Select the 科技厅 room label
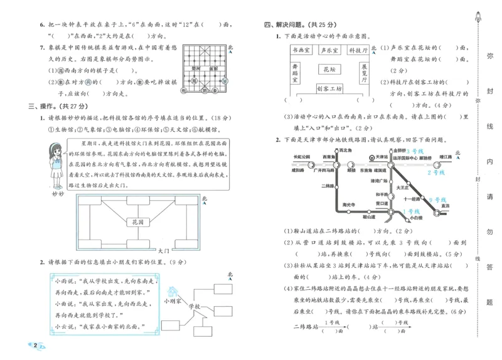point(358,50)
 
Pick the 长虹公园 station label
point(302,156)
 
